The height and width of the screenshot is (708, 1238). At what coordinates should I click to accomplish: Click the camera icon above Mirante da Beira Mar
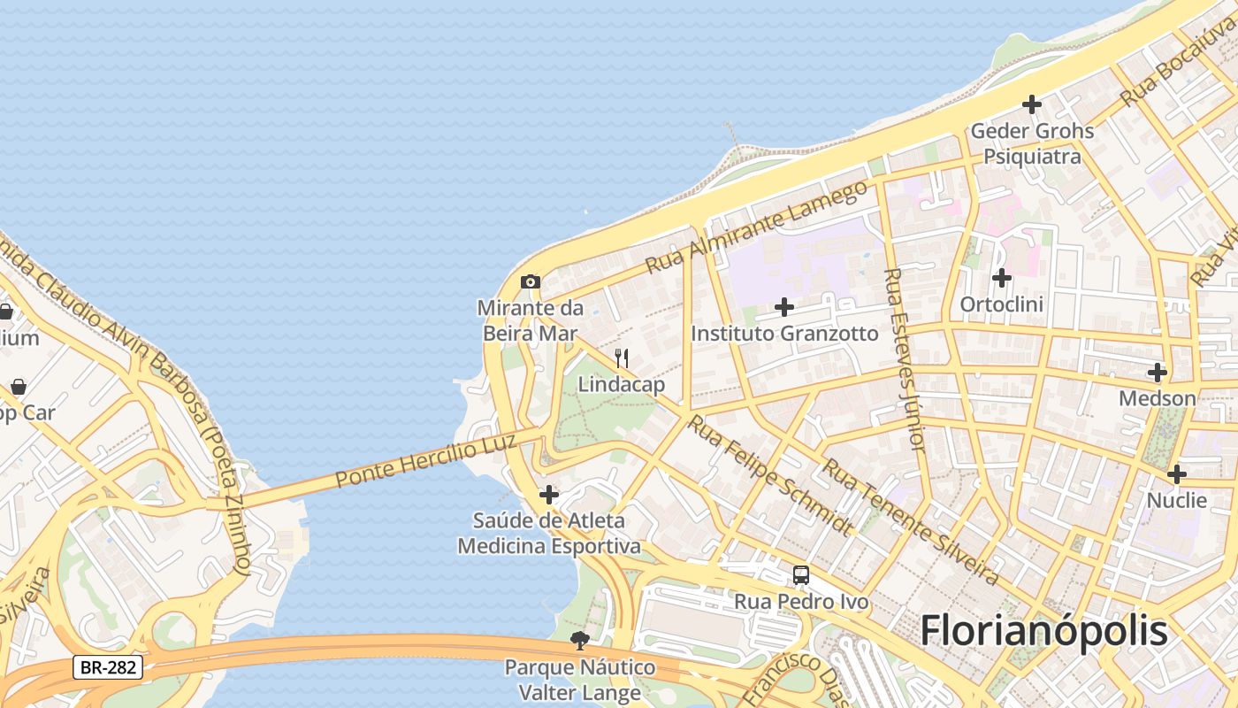[531, 282]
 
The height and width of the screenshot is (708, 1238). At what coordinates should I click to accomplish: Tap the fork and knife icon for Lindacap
[622, 358]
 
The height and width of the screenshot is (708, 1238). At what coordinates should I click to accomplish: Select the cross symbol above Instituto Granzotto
[784, 307]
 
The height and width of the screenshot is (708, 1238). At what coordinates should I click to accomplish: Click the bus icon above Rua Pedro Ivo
[801, 575]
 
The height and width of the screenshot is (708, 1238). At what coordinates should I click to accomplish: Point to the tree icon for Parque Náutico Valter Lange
[580, 640]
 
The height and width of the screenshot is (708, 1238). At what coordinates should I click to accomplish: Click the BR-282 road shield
[108, 667]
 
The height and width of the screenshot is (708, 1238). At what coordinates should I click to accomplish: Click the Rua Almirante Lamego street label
[756, 227]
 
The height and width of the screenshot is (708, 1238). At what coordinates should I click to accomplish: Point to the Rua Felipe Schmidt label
[770, 476]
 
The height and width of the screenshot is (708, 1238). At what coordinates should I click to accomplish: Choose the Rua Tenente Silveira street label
[911, 522]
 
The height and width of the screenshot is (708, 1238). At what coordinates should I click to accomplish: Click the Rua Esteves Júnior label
[904, 360]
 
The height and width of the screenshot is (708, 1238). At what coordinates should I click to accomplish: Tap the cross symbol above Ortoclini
[1001, 278]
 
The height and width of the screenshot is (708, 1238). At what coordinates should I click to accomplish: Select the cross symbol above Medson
[1157, 373]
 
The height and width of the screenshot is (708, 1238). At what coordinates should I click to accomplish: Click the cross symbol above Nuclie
[1176, 474]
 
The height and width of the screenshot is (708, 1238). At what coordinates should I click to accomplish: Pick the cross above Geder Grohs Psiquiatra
[1032, 104]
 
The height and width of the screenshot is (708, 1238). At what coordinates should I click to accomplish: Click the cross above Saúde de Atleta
[549, 495]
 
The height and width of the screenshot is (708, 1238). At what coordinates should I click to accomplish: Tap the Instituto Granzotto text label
[784, 334]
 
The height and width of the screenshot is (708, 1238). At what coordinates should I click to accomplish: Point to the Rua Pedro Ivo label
[801, 603]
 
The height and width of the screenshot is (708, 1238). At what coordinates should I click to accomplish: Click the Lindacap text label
[622, 385]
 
